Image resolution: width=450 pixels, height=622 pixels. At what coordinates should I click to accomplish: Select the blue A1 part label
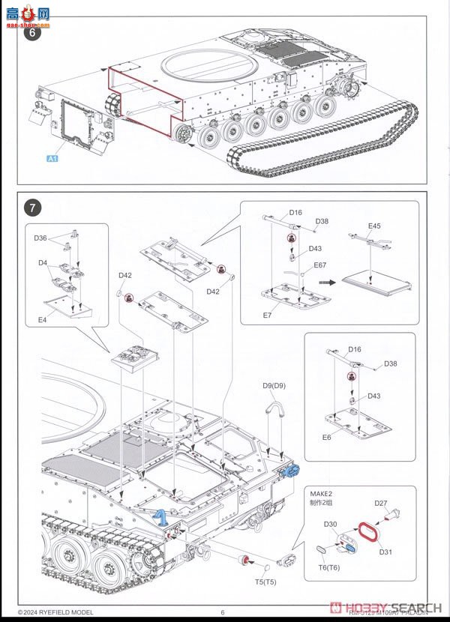coord(53,159)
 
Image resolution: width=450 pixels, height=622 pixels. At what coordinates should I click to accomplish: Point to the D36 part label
coord(40,238)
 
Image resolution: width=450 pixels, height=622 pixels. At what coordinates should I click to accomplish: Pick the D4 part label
coord(43,262)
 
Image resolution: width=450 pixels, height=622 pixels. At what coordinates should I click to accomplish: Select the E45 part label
coord(374,226)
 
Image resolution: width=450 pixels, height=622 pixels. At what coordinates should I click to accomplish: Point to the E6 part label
coord(327,438)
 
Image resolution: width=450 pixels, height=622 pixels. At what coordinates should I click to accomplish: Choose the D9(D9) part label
coord(274,385)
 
